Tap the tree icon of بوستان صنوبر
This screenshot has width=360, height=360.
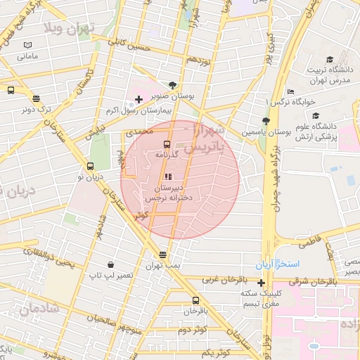tap(174, 83)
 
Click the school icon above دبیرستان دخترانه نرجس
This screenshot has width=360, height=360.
tap(167, 176)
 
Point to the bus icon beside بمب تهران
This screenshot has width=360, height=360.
tap(163, 255)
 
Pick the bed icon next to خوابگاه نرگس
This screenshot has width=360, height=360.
tap(290, 92)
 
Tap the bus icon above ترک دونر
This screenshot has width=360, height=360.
tap(36, 98)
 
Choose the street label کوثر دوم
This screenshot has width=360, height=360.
tap(191, 330)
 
